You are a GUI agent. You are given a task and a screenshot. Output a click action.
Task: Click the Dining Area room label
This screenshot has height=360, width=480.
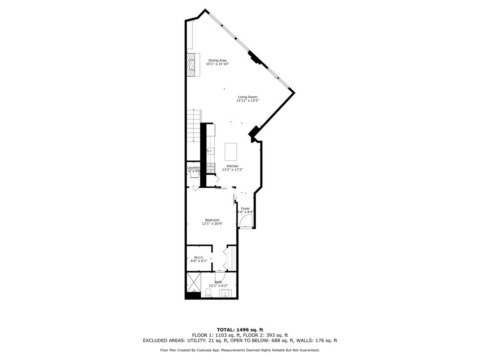[217, 60]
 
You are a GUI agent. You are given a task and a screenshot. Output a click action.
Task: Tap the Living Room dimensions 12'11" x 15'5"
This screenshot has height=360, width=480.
[248, 101]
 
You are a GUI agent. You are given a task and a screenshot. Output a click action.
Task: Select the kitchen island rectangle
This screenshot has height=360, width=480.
[231, 152]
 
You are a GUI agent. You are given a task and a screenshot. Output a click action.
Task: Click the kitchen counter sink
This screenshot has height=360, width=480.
[210, 151]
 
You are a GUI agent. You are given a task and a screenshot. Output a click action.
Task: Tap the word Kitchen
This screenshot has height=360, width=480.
[232, 166]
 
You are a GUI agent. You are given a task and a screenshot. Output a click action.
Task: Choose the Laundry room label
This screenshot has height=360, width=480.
[193, 168]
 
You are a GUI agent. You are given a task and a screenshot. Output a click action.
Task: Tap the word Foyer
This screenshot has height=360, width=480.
[245, 208]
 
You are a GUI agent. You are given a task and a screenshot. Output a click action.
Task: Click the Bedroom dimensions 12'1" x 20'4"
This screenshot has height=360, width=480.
[212, 224]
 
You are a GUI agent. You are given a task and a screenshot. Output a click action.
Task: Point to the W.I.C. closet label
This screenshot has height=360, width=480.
[199, 257]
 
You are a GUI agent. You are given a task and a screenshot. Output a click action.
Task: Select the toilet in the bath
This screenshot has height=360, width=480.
[208, 293]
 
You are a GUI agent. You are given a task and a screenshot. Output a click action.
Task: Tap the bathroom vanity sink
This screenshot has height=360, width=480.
[226, 294]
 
